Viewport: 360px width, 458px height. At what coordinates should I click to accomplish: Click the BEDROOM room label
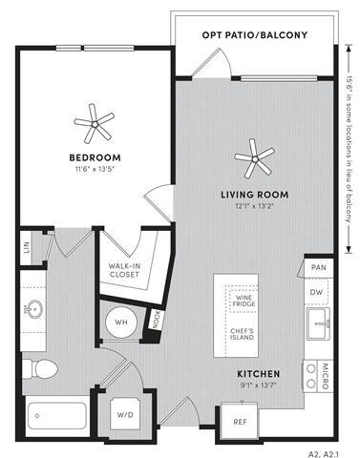[94, 157]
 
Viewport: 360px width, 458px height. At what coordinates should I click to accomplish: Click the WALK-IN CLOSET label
[124, 269]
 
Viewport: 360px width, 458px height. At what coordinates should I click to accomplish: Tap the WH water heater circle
[121, 322]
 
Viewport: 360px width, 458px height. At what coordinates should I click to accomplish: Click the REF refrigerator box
[240, 417]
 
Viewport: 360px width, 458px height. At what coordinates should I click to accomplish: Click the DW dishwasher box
[316, 293]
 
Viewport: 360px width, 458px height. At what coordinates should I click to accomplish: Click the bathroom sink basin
[35, 310]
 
